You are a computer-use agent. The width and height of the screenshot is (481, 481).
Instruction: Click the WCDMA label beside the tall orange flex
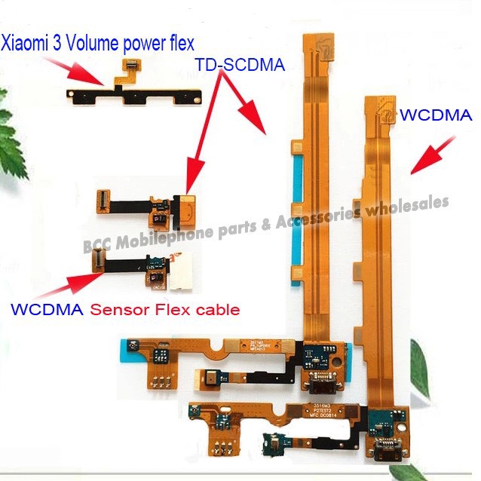click(x=436, y=115)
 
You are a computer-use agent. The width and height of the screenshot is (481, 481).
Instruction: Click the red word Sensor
click(x=115, y=309)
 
